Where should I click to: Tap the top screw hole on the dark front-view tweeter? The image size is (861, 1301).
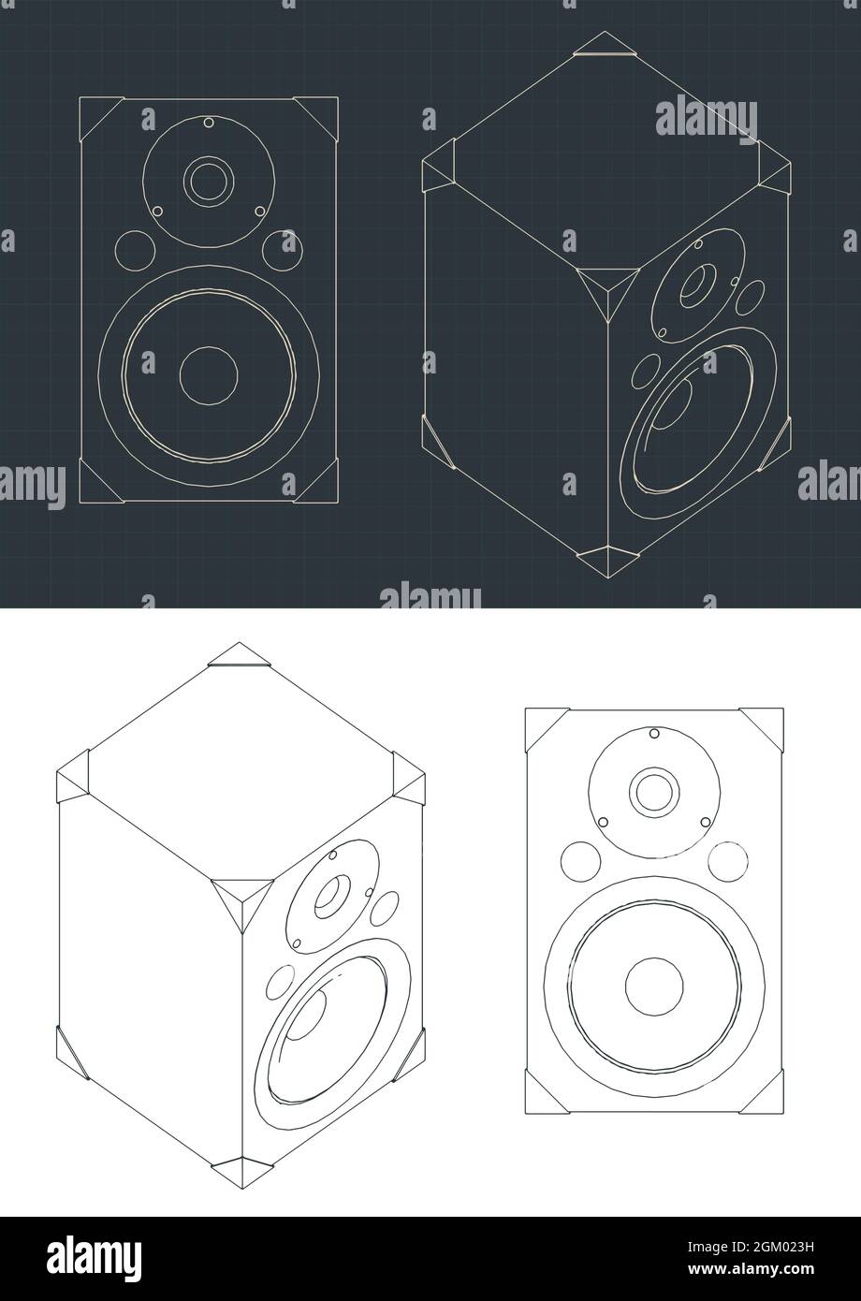click(x=209, y=123)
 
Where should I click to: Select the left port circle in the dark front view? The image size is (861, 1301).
click(x=135, y=248)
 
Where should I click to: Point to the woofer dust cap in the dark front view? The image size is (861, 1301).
click(x=208, y=374)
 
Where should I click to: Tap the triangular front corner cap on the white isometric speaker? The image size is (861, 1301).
click(x=238, y=899)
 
